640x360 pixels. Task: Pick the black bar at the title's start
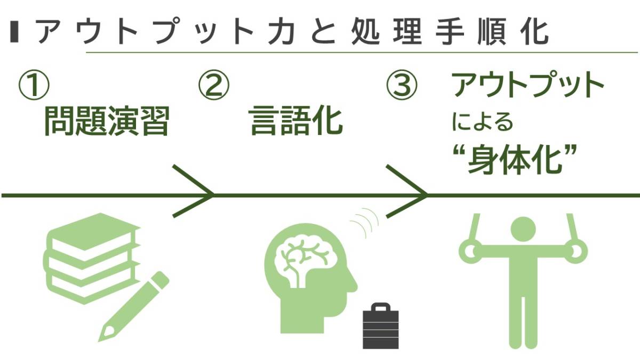pyautogui.click(x=14, y=33)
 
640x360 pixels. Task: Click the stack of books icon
pyautogui.click(x=91, y=256)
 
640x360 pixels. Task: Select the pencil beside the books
pyautogui.click(x=133, y=307)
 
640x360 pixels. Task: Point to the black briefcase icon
pyautogui.click(x=380, y=326)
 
